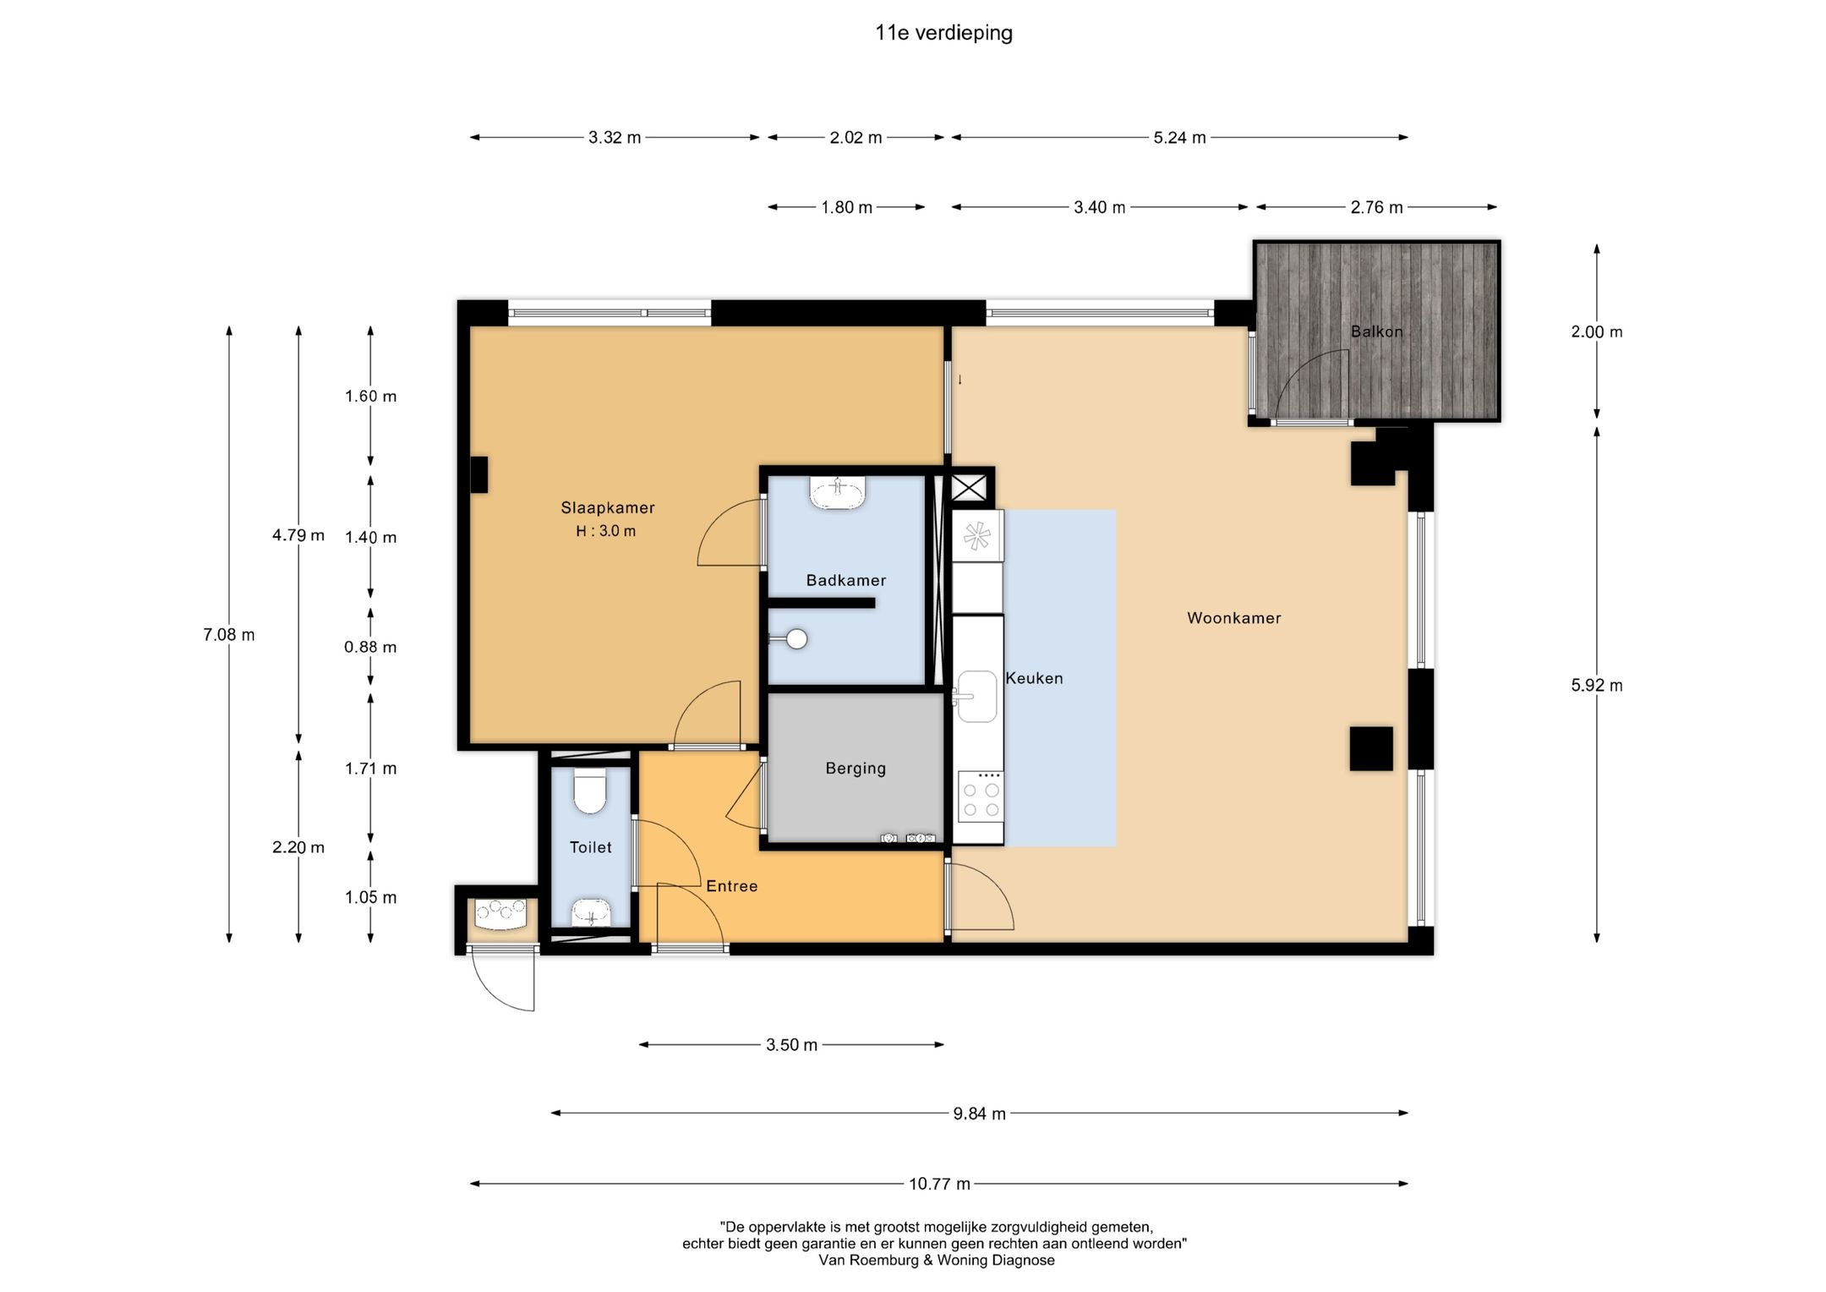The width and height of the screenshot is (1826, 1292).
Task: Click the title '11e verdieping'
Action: pos(943,33)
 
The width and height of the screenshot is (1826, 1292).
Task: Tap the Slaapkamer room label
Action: pos(608,507)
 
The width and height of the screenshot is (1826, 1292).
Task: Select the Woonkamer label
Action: pos(1234,618)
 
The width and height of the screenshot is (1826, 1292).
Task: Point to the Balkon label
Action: pos(1376,331)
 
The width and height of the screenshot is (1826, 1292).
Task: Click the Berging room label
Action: pos(856,769)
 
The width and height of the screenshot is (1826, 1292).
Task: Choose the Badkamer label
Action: pos(846,580)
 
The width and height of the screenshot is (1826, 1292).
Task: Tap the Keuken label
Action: pos(1034,678)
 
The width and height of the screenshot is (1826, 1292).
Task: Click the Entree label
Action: pos(732,886)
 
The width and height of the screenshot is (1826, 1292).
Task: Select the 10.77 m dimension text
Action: pos(939,1184)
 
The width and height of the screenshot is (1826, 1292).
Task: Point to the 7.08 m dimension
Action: pos(229,634)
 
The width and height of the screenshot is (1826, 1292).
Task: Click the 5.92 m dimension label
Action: pos(1597,685)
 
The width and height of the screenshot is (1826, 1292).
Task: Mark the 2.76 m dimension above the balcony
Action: pos(1376,207)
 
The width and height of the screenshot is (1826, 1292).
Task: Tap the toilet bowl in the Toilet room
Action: pos(590,791)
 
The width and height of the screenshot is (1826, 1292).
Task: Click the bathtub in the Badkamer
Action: pos(837,493)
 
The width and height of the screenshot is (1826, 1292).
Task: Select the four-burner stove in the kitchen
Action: pos(981,796)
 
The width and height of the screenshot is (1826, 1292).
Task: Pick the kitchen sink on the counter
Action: pos(976,697)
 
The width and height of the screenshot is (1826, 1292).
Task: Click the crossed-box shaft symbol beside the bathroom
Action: pos(969,488)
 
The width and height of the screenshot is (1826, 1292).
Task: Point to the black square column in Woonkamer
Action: pos(1370,748)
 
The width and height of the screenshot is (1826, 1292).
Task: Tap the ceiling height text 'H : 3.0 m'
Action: pos(606,531)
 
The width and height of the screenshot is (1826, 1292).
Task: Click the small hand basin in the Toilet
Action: pos(591,912)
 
